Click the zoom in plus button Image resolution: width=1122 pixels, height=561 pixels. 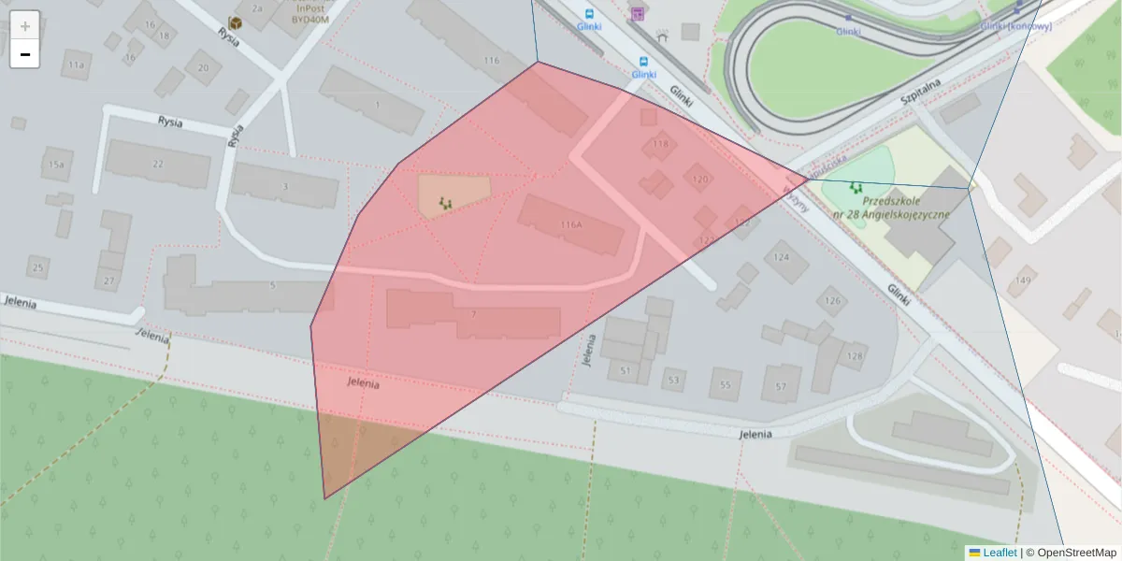point(24,25)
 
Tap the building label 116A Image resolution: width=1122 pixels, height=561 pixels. point(571,224)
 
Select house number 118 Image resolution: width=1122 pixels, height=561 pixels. point(661,144)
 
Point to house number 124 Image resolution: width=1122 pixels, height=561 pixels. point(782,256)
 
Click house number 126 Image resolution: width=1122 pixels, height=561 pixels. point(830,301)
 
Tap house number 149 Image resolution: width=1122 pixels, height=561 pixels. point(1024,280)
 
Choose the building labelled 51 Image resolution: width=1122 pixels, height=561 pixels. point(626,371)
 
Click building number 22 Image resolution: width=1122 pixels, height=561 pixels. point(157,165)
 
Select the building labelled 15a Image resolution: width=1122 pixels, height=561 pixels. point(56,165)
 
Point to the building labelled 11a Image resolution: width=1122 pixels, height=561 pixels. point(76,65)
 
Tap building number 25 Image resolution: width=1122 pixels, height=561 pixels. point(38,268)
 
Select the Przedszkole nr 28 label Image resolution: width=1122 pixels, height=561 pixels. point(892,208)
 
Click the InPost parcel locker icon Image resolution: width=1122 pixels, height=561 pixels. point(236,22)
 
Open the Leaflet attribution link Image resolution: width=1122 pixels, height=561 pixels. point(1000,553)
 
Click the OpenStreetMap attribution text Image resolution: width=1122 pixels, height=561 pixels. point(1076,553)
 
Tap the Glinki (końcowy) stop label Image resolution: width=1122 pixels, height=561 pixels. point(1016,26)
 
